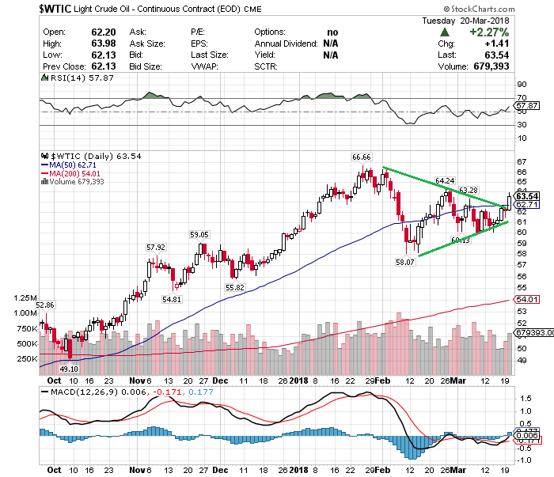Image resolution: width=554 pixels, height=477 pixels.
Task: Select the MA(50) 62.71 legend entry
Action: (75, 165)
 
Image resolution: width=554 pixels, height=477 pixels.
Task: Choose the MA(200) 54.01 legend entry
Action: (78, 174)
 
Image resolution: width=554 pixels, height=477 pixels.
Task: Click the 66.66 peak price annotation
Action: (363, 157)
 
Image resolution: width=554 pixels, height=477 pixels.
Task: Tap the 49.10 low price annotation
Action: (69, 368)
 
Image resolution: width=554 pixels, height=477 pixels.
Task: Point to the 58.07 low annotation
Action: (406, 261)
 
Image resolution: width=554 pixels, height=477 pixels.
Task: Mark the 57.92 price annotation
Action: (156, 247)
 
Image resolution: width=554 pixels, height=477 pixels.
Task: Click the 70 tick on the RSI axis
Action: (522, 97)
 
